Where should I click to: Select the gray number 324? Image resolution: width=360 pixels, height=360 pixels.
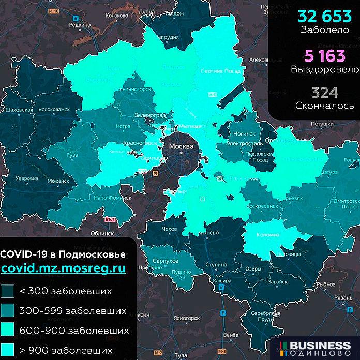(325, 93)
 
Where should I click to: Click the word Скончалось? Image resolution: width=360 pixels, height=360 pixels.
(325, 106)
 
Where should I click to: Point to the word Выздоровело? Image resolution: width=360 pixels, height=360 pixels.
(325, 68)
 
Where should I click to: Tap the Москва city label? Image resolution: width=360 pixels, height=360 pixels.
(181, 147)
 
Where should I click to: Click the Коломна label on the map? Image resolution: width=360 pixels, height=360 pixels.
(267, 235)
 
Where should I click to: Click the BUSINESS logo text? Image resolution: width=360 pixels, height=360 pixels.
(320, 345)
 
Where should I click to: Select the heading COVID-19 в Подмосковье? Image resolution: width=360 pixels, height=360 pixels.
(63, 255)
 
